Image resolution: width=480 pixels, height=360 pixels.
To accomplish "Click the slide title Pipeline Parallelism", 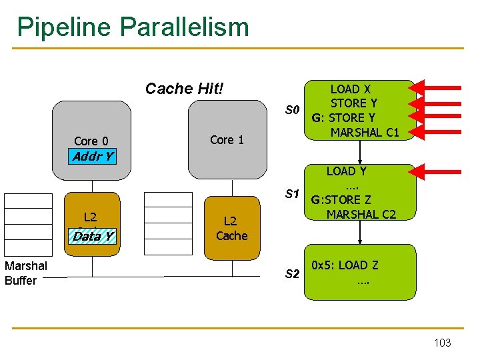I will (133, 27).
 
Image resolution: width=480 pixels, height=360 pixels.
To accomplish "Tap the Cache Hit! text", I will (184, 89).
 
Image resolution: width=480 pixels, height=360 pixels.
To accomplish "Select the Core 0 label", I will (91, 141).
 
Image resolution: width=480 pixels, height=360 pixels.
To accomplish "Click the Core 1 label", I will (227, 139).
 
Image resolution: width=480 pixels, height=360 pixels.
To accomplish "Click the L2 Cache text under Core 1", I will (231, 228).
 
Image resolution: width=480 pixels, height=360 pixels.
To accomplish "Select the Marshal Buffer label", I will (25, 273).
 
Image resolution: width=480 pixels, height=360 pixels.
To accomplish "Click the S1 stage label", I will (292, 195).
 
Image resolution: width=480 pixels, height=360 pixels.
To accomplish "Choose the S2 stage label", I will (292, 273).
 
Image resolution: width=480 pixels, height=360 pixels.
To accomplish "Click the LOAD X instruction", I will (351, 89).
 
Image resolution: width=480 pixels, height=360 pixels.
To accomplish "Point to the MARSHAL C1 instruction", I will (365, 132).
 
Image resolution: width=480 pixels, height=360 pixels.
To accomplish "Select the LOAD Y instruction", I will (346, 171).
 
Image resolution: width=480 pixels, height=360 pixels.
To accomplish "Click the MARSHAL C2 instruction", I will (361, 215).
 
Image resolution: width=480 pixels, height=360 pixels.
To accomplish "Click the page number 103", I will (442, 343).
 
